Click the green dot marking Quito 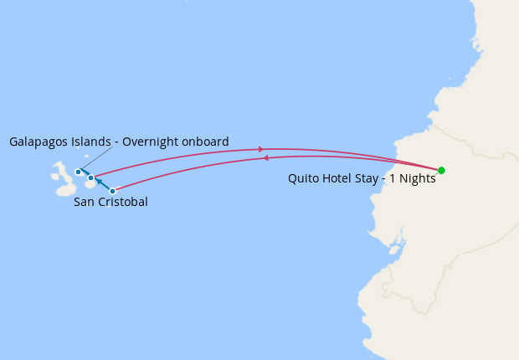click(x=441, y=170)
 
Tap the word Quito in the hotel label click(x=304, y=178)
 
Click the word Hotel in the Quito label click(x=337, y=178)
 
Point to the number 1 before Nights click(x=391, y=178)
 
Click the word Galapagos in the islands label click(x=39, y=141)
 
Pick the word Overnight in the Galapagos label click(x=152, y=141)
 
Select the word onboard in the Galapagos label click(x=206, y=141)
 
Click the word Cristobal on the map click(x=123, y=202)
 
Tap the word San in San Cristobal click(x=85, y=202)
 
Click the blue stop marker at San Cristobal click(x=112, y=191)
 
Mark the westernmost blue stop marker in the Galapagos click(x=78, y=172)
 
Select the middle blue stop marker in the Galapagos click(x=90, y=177)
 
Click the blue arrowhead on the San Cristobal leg click(x=99, y=181)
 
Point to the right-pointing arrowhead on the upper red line click(x=261, y=149)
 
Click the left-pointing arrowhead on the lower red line click(x=266, y=157)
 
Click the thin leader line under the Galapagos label click(x=95, y=159)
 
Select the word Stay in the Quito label click(x=370, y=178)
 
